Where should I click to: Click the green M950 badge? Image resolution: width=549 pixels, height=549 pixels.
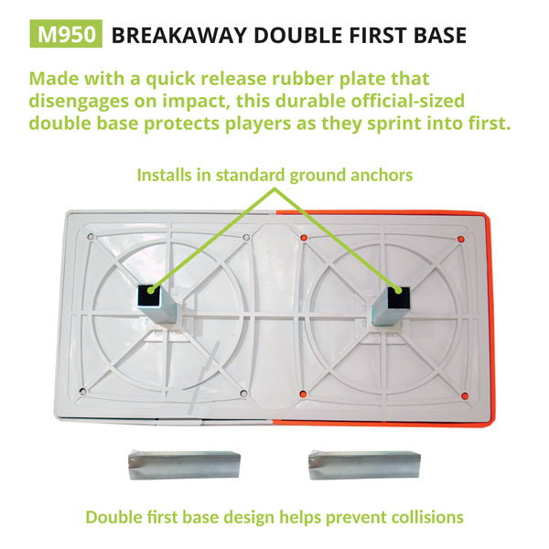coord(66,35)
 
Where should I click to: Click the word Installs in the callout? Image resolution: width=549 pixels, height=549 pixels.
coord(167,175)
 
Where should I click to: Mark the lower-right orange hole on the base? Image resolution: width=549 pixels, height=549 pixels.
coord(465,395)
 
